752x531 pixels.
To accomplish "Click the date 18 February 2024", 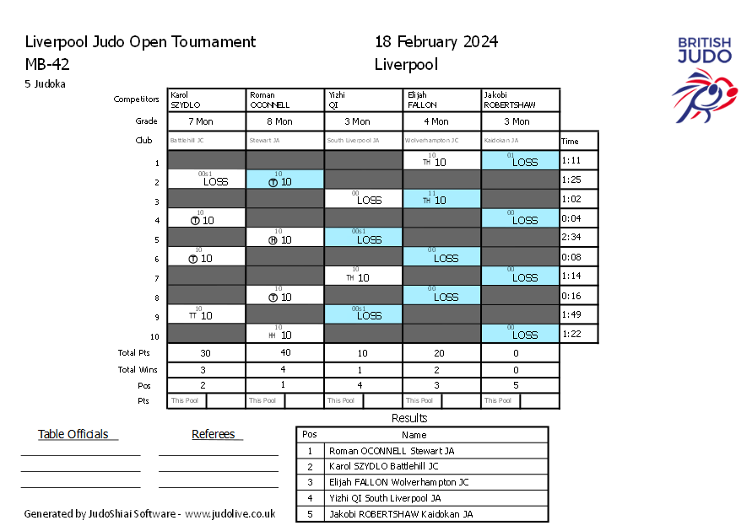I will (436, 42).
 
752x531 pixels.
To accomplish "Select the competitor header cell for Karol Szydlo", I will (207, 100).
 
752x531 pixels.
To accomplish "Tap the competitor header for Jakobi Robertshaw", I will (520, 100).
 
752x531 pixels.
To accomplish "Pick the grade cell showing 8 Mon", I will (285, 121).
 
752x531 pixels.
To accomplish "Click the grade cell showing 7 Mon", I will (207, 121).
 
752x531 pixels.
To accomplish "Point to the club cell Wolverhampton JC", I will (441, 141).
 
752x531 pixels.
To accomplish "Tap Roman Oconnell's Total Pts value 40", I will (285, 353).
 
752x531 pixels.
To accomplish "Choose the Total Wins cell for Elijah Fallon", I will (441, 369).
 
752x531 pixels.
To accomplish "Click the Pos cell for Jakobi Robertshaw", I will (520, 385).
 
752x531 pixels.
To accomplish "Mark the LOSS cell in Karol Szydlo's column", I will (207, 180).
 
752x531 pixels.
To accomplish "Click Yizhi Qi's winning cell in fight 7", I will (363, 276).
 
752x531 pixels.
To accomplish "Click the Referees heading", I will (214, 435).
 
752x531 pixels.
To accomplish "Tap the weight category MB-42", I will (48, 64).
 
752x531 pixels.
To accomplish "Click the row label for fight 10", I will (155, 335).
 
